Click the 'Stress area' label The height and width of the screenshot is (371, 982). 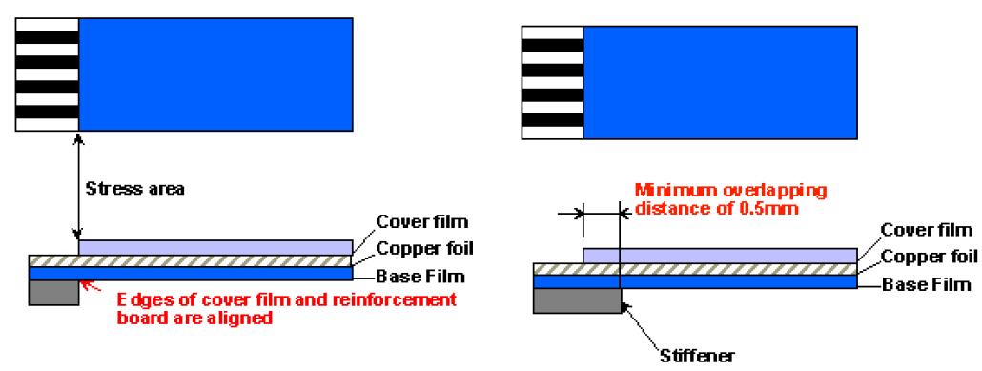coord(134,189)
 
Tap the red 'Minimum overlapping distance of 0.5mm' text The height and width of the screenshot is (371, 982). coord(729,198)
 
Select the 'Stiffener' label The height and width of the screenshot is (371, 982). coord(697,356)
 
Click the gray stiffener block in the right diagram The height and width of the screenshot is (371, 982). coord(576,300)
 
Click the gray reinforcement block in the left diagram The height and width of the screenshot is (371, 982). coord(53,293)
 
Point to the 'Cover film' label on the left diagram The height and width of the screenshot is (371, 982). coord(421,222)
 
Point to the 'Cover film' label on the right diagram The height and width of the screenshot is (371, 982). coord(927,230)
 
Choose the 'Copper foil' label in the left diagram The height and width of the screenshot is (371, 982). coord(424,248)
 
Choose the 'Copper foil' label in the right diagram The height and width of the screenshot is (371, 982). coord(930,257)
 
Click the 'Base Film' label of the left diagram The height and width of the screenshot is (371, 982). coord(419,276)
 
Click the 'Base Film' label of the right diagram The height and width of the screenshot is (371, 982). coord(925,284)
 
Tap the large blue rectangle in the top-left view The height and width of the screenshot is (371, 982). coord(215,74)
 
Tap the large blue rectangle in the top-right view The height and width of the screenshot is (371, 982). coord(720,82)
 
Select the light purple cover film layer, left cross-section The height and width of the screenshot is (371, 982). coord(215,248)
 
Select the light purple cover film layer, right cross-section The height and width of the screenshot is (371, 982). coord(720,256)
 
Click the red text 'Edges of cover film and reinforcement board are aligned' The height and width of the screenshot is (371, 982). coord(287,308)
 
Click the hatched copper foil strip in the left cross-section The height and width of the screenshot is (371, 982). coord(191,260)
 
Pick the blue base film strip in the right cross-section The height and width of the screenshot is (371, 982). coord(694,281)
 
